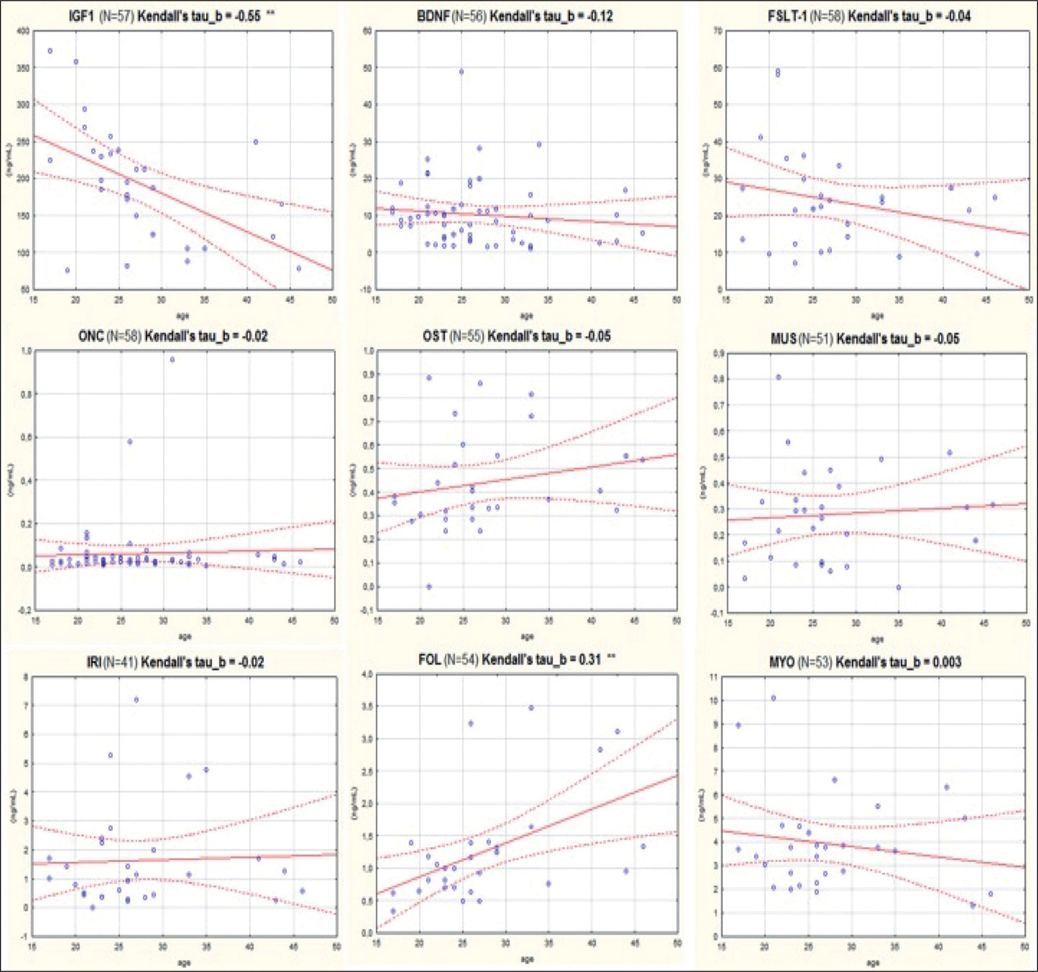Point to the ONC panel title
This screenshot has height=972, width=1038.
pos(172,336)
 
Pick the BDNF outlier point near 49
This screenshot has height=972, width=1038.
pos(461,72)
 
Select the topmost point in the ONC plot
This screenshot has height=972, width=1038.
pos(172,359)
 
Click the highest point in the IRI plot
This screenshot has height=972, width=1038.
pos(136,699)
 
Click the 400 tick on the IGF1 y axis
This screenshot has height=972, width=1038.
pos(23,31)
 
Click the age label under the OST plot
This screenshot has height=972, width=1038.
pos(526,637)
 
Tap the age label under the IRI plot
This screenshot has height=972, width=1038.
pos(184,963)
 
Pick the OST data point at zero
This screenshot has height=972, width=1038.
pos(429,587)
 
